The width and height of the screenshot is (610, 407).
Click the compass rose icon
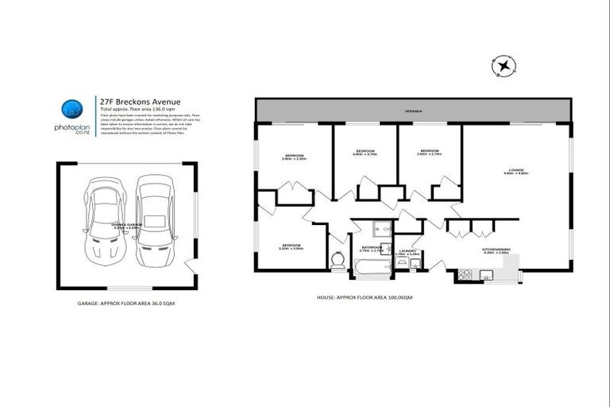(x=503, y=67)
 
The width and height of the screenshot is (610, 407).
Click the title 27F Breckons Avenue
(x=140, y=102)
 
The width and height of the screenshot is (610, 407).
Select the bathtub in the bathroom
(x=371, y=271)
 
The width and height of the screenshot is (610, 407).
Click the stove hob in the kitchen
(x=465, y=275)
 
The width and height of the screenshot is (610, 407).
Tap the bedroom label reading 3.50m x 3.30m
(x=294, y=157)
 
